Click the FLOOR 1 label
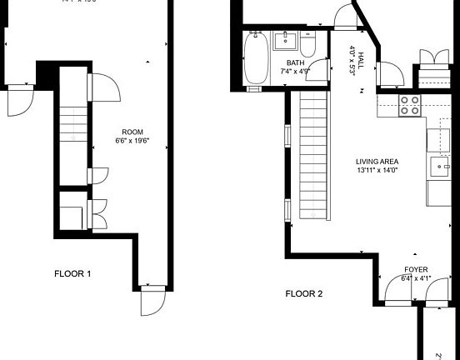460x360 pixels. tap(72, 273)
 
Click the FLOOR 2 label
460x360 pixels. tap(304, 293)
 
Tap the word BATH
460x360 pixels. tap(296, 63)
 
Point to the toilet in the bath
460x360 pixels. tap(307, 43)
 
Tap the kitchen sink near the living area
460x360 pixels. tap(438, 167)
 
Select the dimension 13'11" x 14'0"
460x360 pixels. tap(377, 172)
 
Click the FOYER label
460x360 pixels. tap(416, 270)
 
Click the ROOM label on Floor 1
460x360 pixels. tap(132, 132)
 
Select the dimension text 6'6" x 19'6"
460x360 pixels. tap(132, 141)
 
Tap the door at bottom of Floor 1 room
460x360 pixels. tap(152, 301)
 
